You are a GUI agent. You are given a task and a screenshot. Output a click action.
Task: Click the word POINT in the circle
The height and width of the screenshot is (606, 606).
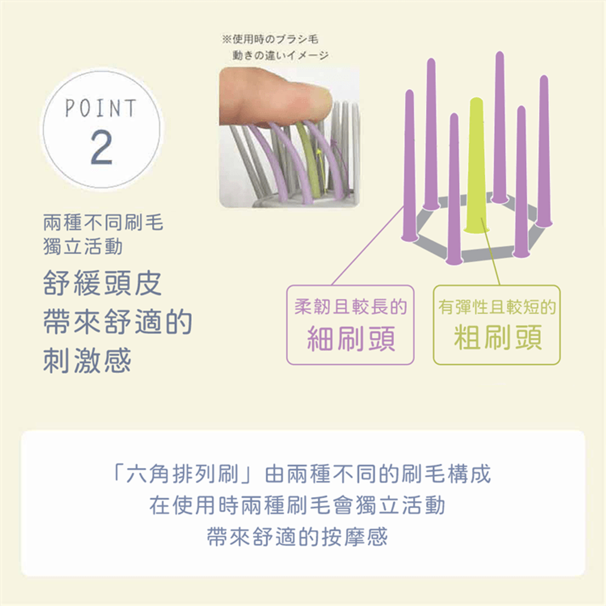101,108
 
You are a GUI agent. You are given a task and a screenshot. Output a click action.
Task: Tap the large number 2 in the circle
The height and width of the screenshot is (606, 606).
101,147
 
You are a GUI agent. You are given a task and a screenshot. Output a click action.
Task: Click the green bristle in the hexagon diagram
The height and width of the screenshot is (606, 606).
476,165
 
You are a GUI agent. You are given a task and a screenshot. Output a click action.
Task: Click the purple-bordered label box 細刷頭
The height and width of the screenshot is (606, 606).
350,325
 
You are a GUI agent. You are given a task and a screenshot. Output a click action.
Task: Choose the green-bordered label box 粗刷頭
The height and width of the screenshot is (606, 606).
497,325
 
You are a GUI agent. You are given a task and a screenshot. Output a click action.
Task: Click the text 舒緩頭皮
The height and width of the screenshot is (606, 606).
102,283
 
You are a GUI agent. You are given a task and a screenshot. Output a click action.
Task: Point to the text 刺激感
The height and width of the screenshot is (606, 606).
88,360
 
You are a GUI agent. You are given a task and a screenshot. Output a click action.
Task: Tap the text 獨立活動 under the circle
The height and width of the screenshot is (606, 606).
83,246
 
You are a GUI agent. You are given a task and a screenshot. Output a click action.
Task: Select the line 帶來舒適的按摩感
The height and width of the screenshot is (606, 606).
297,537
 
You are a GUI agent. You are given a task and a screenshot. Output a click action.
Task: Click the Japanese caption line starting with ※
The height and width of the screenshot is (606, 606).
270,39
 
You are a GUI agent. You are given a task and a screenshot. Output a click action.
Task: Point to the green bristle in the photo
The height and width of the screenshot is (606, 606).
309,159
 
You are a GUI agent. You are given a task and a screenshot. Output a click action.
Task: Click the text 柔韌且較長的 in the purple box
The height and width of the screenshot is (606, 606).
350,307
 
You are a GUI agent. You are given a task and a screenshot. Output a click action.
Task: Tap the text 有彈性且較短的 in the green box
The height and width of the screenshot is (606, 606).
497,307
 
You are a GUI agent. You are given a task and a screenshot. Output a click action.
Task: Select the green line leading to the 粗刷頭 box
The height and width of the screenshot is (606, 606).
491,252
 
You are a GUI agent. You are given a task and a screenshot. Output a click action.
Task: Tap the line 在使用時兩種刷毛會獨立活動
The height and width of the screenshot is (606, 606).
297,505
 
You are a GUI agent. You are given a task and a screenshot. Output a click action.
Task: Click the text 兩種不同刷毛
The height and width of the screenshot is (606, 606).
103,223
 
